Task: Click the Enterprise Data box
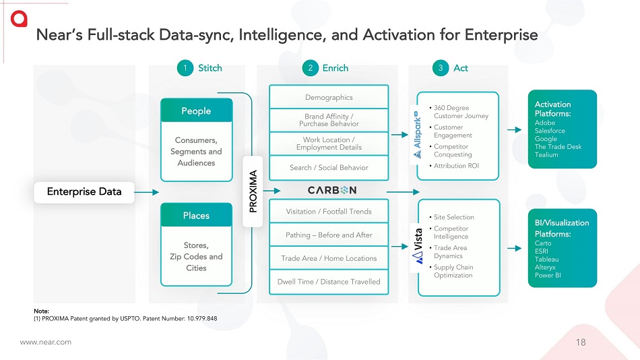click(x=84, y=191)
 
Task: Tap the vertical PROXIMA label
click(x=253, y=191)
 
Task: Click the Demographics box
click(x=329, y=98)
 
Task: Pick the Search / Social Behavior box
click(x=329, y=167)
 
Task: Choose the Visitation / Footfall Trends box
click(x=329, y=211)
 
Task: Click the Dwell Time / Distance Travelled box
click(x=329, y=281)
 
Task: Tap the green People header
click(x=196, y=111)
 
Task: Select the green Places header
click(x=196, y=216)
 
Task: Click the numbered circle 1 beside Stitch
click(x=184, y=68)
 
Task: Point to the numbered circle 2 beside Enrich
click(x=310, y=68)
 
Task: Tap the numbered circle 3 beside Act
click(x=441, y=68)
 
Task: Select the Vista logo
click(x=417, y=241)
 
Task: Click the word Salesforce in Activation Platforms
click(x=550, y=131)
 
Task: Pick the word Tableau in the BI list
click(x=547, y=259)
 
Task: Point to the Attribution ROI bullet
click(x=456, y=166)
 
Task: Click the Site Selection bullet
click(x=453, y=217)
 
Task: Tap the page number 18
click(x=581, y=342)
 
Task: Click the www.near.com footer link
click(x=45, y=342)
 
